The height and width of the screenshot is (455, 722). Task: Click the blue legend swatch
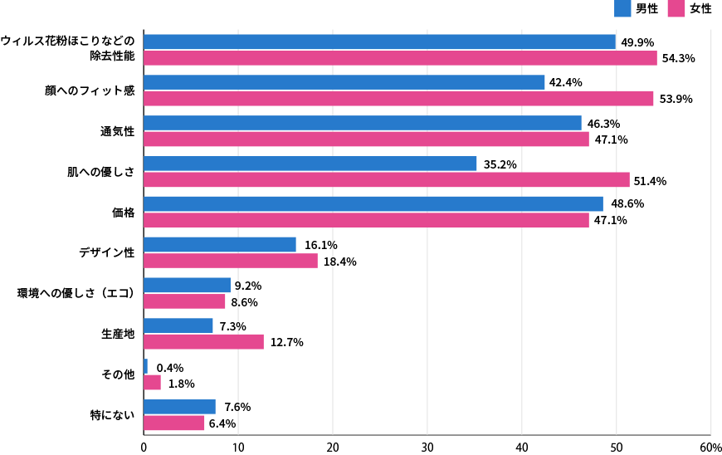[622, 8]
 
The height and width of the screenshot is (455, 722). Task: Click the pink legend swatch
[676, 8]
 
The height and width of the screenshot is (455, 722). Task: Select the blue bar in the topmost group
[379, 42]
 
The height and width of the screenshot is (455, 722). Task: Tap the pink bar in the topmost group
[400, 58]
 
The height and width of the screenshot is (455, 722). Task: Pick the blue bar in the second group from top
[344, 82]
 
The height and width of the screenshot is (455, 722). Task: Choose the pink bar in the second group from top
[398, 99]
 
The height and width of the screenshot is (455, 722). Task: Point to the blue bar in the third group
[363, 123]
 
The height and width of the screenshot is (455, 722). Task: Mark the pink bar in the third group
[366, 139]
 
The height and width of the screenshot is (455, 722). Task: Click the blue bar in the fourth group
[310, 164]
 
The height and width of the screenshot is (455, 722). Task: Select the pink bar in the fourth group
[387, 179]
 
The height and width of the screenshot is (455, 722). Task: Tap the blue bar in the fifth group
[373, 203]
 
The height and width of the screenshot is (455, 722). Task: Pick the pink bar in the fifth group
[366, 220]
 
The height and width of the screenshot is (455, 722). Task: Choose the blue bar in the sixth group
[220, 244]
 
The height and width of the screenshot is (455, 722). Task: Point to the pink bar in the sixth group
[231, 261]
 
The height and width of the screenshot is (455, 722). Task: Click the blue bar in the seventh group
[187, 285]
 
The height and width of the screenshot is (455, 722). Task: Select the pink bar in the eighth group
[203, 341]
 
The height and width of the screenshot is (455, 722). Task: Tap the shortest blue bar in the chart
[145, 366]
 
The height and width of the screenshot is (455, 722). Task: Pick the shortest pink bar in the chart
[152, 382]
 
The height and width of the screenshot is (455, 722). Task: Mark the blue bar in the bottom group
[179, 407]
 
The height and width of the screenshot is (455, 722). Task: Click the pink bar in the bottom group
[174, 423]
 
